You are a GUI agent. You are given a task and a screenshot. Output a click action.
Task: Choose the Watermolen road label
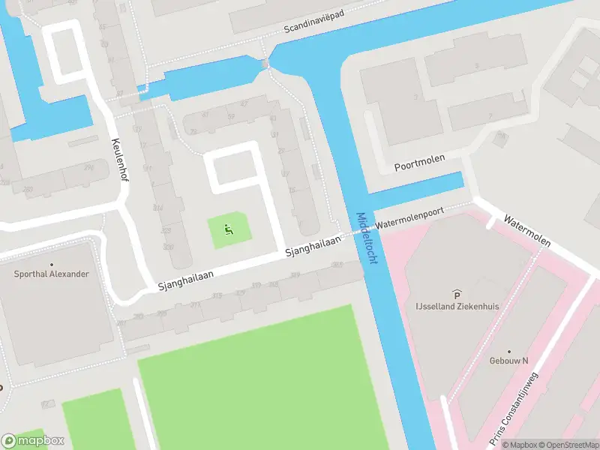(x=527, y=232)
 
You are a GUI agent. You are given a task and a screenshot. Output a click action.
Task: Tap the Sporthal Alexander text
(x=51, y=274)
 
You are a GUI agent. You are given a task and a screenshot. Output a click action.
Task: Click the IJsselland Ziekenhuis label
(x=457, y=306)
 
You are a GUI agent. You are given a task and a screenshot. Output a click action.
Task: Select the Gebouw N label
(x=509, y=360)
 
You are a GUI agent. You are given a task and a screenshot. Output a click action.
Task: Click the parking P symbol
(x=455, y=294)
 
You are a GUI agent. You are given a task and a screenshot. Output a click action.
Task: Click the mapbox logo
(x=33, y=441)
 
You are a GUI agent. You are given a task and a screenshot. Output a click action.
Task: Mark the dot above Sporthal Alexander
(x=52, y=265)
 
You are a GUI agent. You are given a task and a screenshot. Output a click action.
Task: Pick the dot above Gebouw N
(x=508, y=351)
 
